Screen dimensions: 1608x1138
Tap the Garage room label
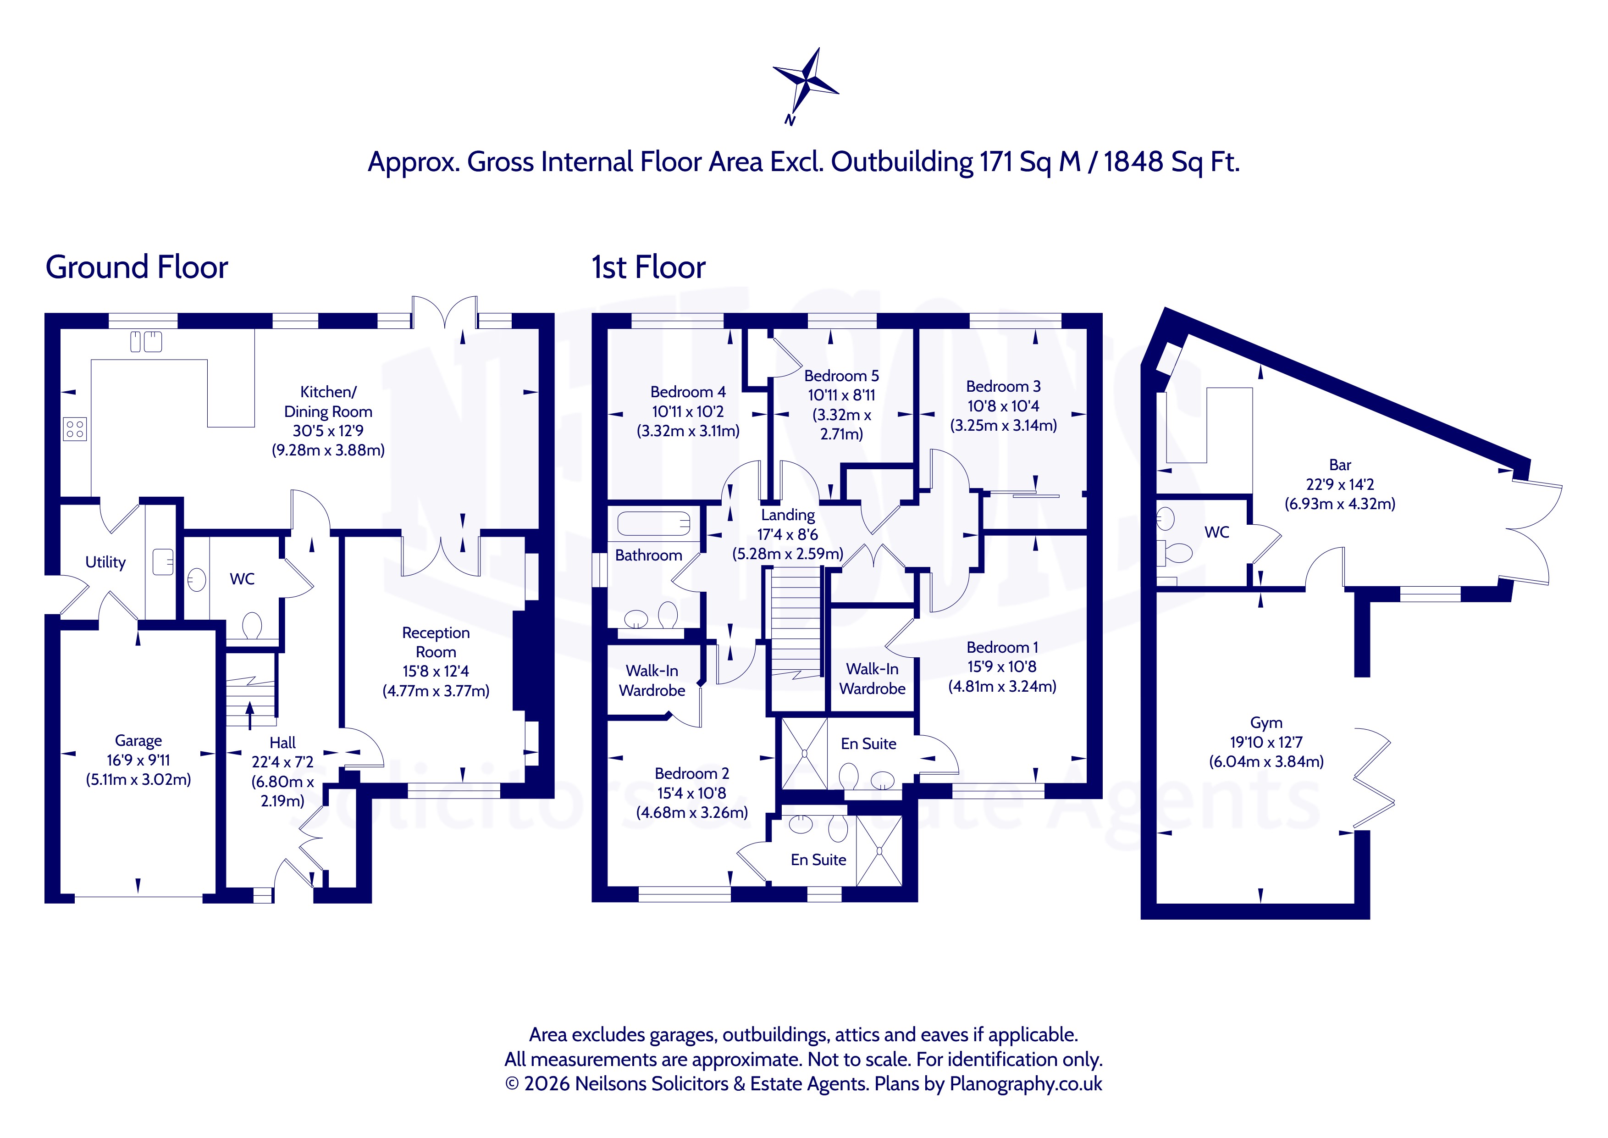(138, 741)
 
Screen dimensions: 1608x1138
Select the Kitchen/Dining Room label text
(328, 401)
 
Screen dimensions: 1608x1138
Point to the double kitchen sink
(146, 342)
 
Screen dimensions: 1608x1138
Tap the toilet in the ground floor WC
(251, 626)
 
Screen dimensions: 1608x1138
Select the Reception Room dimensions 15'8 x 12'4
(436, 672)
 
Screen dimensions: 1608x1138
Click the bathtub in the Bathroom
(653, 523)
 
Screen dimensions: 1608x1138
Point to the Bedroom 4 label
(688, 392)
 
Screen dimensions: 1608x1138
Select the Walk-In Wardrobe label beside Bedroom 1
(872, 679)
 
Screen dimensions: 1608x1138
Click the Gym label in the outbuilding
(1266, 722)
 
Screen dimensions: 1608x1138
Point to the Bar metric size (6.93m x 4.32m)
(1340, 504)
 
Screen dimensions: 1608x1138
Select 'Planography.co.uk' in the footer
(1026, 1084)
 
